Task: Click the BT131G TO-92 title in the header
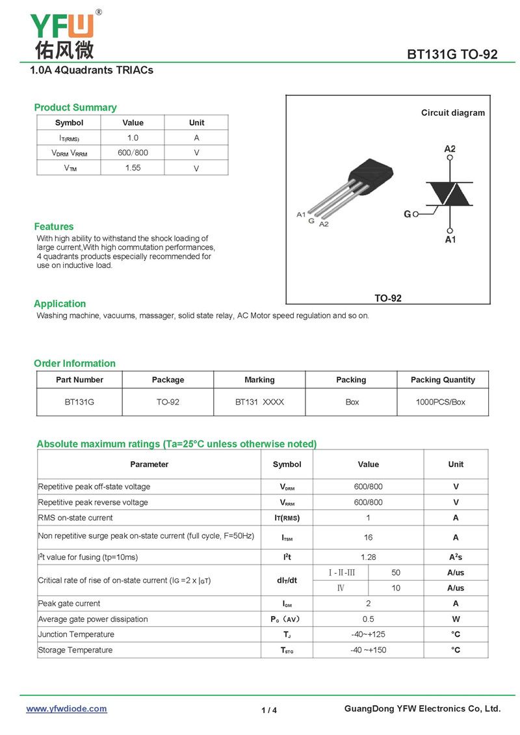452,55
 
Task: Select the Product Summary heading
75,107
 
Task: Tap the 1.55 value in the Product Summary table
133,168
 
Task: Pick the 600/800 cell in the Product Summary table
133,153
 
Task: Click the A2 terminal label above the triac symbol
450,149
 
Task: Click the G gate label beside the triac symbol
408,214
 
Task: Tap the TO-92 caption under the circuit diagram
388,298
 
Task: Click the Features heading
54,226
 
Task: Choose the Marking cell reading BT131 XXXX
259,402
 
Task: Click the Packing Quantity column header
443,380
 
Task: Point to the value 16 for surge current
368,537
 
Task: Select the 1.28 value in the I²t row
368,557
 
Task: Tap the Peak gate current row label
70,604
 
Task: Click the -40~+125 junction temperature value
368,634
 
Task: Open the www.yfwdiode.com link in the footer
66,709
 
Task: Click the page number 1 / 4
269,710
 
